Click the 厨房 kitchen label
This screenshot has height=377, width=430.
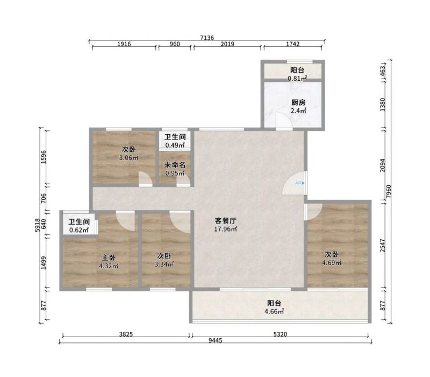298,103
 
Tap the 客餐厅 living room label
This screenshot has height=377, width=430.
225,221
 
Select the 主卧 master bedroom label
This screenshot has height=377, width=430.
109,257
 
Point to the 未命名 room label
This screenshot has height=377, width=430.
175,165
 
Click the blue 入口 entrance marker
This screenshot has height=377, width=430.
300,183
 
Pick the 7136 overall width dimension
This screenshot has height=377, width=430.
207,38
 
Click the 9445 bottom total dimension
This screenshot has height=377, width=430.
216,341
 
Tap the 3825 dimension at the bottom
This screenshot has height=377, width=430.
126,334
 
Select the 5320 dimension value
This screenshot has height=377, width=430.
280,334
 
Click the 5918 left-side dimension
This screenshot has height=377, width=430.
38,225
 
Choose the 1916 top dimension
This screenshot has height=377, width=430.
124,44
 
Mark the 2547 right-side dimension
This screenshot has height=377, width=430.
383,246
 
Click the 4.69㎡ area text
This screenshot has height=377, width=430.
332,263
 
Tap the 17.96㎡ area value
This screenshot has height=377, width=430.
225,229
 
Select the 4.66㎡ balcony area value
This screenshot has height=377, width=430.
274,311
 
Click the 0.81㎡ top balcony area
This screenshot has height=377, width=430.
297,79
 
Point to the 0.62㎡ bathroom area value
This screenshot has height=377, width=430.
79,230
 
